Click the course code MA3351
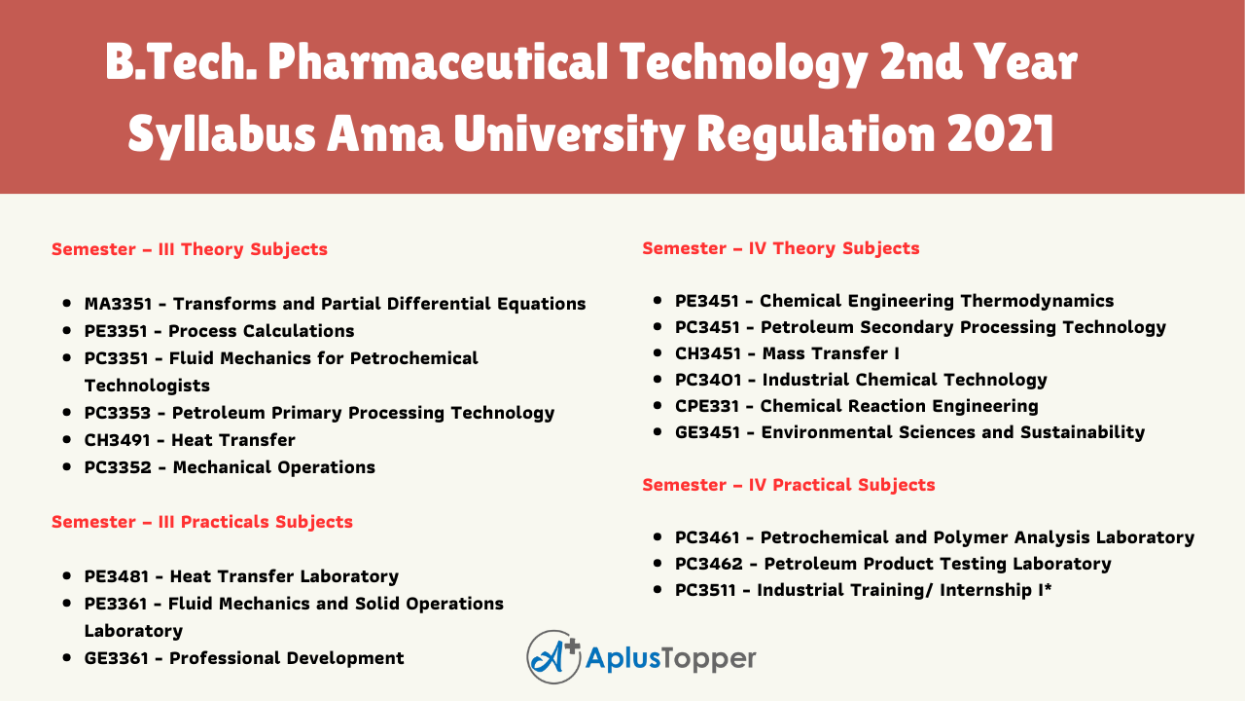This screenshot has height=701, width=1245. [x=118, y=304]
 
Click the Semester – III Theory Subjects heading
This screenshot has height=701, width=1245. [x=190, y=249]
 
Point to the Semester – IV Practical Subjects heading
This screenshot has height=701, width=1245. [x=789, y=485]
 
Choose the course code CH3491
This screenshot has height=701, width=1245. [x=118, y=440]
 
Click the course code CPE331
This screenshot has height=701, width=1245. [x=707, y=406]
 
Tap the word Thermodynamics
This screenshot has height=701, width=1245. [x=1037, y=301]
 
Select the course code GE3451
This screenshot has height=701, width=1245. [x=707, y=432]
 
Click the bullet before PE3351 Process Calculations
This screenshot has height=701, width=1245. [x=67, y=330]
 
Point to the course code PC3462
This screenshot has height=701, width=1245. [x=709, y=564]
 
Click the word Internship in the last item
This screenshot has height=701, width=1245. [x=985, y=590]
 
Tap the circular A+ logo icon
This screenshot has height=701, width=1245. [x=553, y=657]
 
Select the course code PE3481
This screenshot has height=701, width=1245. [x=117, y=576]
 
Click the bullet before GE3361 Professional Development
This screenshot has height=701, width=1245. [x=67, y=657]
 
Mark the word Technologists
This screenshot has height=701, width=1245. [x=147, y=386]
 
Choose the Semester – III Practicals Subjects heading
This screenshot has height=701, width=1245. [x=202, y=522]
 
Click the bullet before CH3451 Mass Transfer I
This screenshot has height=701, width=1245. [x=658, y=352]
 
